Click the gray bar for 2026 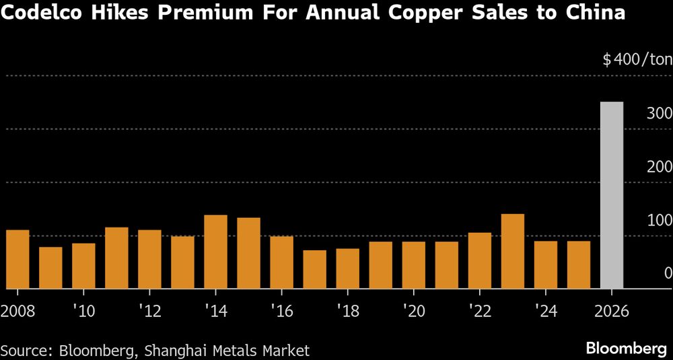tap(611, 195)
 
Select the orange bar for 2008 tap(17, 259)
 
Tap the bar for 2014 tap(215, 252)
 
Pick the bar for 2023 tap(512, 251)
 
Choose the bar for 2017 tap(314, 269)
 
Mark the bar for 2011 tap(116, 258)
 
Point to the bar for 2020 tap(413, 265)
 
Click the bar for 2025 tap(578, 264)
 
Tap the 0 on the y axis tap(668, 273)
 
